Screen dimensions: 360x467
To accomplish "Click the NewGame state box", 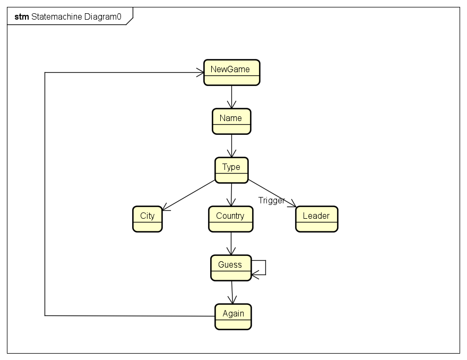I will (x=231, y=72).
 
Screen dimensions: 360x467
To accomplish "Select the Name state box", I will (x=231, y=121).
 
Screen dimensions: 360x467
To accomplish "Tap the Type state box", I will (x=231, y=170).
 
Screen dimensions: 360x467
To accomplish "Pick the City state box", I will (x=147, y=219).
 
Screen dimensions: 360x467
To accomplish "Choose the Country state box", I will (x=230, y=219).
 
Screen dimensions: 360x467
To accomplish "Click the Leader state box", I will (x=316, y=219).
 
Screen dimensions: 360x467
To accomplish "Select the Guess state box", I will (x=230, y=268).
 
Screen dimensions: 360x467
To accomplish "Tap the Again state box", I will (x=233, y=316).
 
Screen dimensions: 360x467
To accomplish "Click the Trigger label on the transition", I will (x=271, y=200).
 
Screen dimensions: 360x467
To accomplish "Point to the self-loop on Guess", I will (x=265, y=268).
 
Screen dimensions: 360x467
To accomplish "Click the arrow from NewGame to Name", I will (x=231, y=97).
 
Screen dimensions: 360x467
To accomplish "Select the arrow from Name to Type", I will (x=231, y=146).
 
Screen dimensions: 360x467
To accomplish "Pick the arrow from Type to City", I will (x=189, y=195).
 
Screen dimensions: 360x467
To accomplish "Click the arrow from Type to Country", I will (x=231, y=194).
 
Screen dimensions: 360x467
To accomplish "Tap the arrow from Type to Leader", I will (x=271, y=193).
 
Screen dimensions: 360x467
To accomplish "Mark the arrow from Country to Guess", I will (x=231, y=244).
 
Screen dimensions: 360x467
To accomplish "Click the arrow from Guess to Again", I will (x=232, y=292).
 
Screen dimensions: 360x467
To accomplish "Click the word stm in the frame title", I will (x=22, y=16).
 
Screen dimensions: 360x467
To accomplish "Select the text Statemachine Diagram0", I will (x=76, y=16).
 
